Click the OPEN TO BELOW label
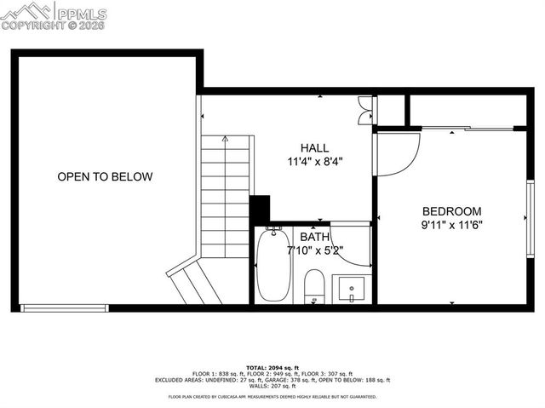coord(105,177)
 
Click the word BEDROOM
coord(451,211)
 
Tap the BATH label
coord(314,237)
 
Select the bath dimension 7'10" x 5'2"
coord(314,250)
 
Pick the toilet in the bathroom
coord(314,286)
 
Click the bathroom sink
coord(351,288)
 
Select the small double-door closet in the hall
coord(365,111)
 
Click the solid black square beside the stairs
coord(260,210)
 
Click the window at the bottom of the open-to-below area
coord(64,307)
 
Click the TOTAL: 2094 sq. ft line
coord(272,365)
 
